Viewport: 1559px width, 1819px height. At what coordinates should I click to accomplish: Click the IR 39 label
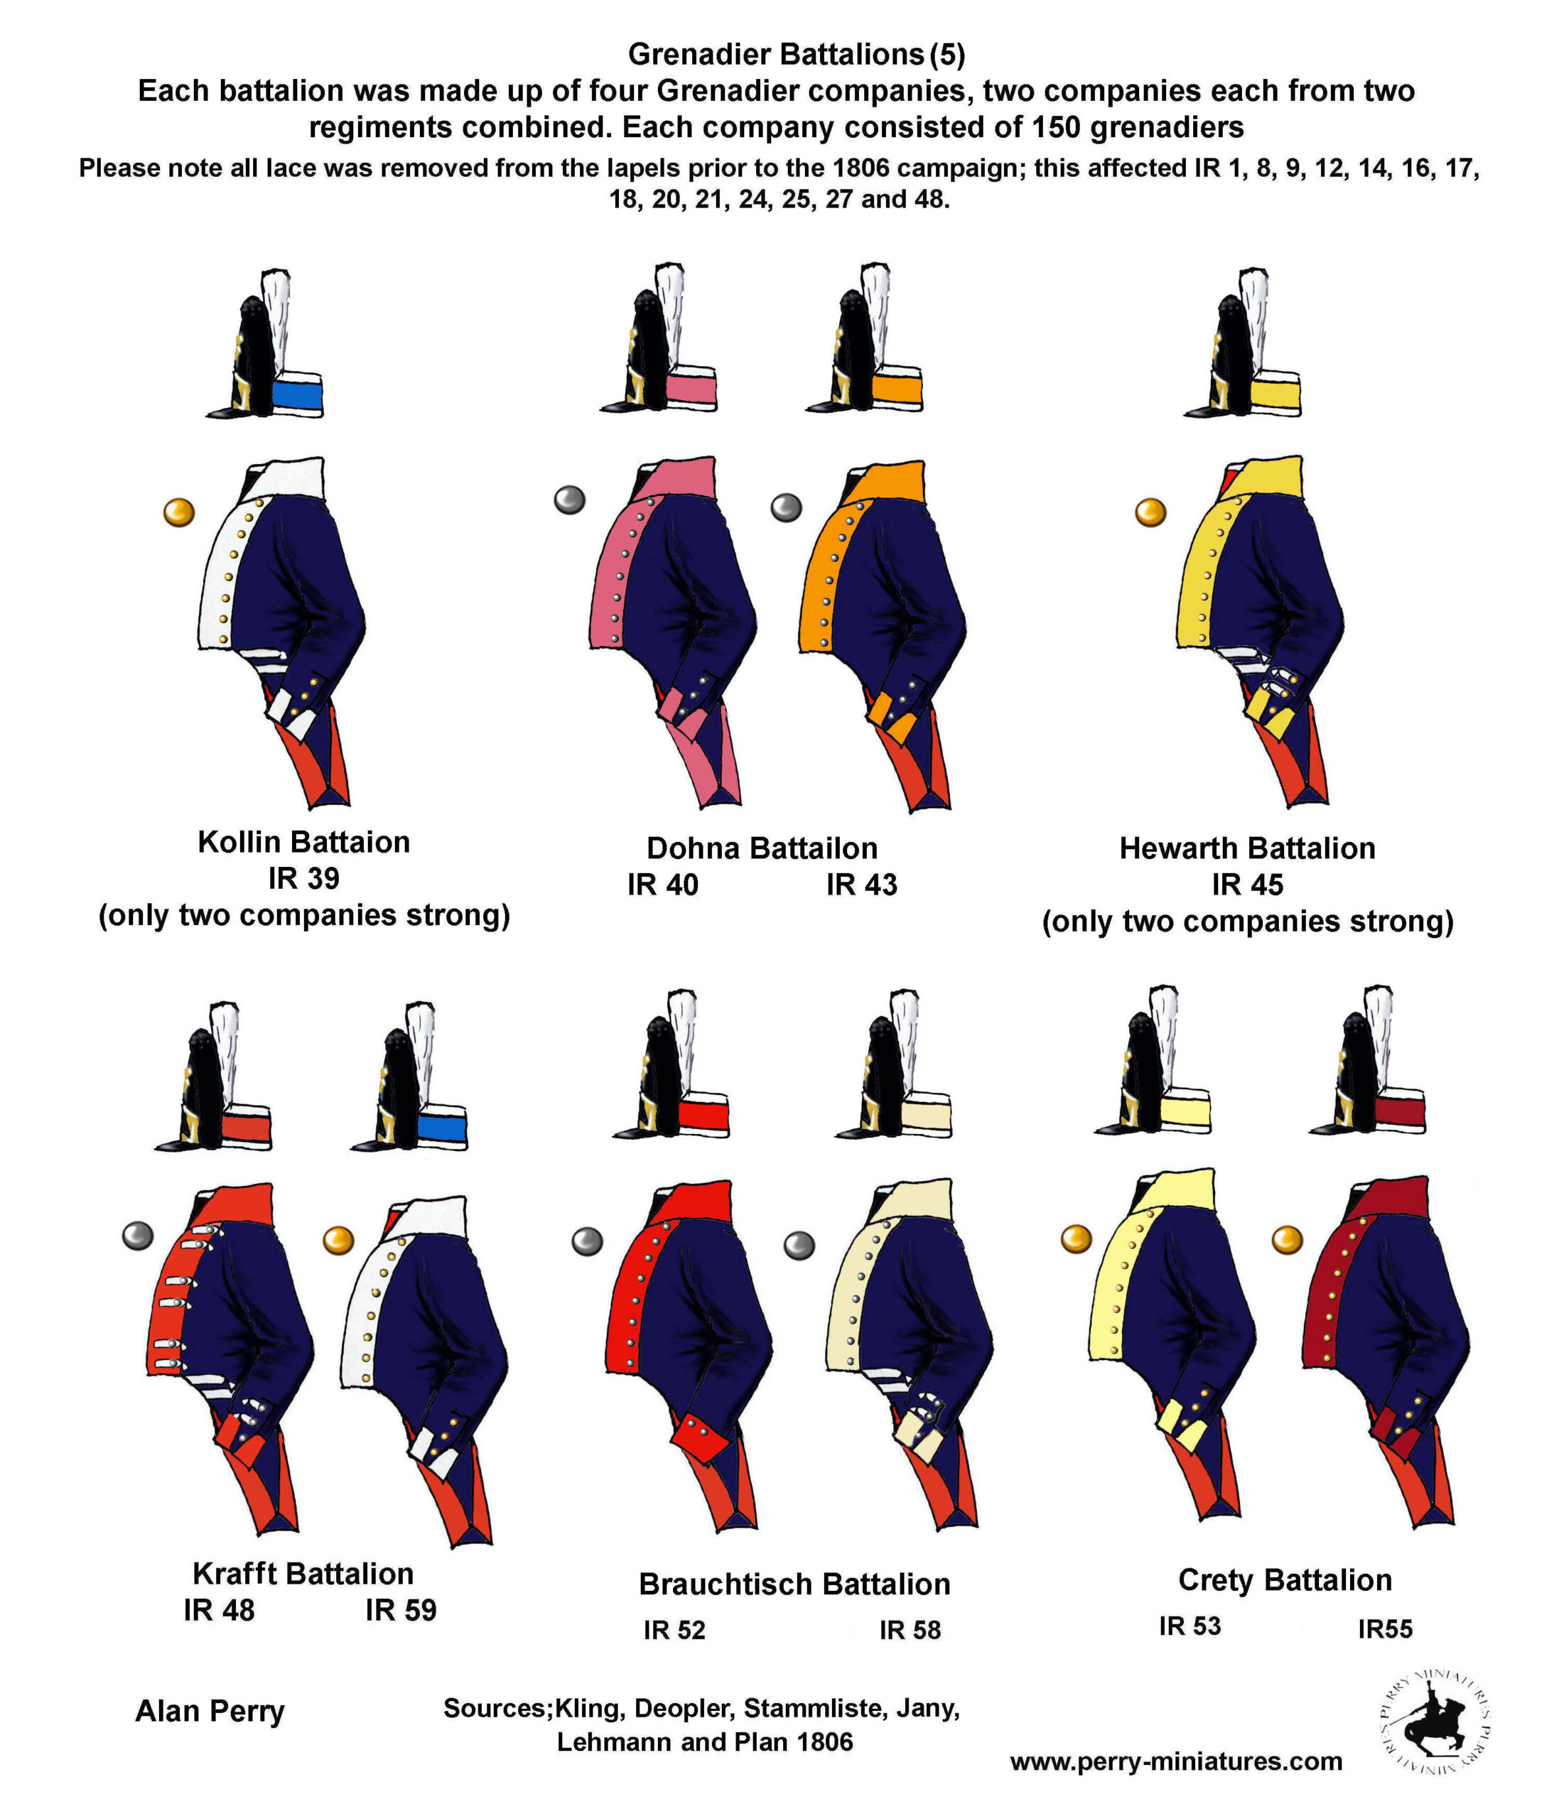(x=303, y=879)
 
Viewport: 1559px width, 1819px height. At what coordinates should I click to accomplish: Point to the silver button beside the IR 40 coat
(x=570, y=500)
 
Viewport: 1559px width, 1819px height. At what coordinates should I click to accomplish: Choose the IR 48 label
(x=219, y=1610)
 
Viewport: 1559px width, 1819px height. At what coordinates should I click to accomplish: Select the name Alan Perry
(x=210, y=1711)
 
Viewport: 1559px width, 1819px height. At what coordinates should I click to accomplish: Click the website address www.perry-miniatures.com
(x=1176, y=1761)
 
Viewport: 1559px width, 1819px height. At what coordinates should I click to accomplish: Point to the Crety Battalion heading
(x=1285, y=1580)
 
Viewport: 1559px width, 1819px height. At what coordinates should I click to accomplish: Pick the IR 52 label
(x=674, y=1630)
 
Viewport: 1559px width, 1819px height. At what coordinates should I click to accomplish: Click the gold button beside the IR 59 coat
(x=338, y=1241)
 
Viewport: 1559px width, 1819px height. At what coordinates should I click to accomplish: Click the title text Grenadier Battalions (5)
(x=796, y=55)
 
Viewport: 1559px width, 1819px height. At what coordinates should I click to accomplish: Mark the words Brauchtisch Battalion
(x=794, y=1585)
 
